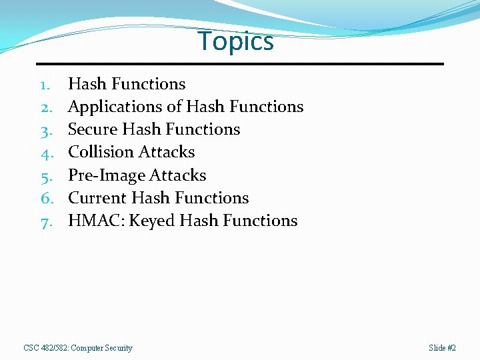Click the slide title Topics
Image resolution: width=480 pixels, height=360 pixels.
click(x=236, y=41)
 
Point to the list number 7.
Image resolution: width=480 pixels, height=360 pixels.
click(x=46, y=221)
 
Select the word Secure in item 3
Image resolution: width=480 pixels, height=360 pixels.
click(x=93, y=129)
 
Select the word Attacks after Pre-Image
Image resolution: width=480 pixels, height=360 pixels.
click(x=177, y=175)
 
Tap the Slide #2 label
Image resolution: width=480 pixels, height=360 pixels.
click(x=443, y=348)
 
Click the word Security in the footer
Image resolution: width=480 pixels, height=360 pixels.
click(x=118, y=348)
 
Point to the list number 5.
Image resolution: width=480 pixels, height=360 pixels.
click(x=46, y=176)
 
